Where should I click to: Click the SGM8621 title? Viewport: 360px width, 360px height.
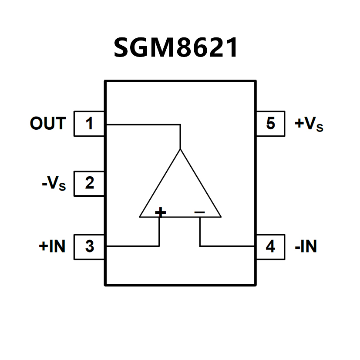pos(176,47)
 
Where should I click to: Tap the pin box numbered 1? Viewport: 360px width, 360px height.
pos(89,124)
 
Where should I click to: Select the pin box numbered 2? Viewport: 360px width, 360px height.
pos(89,183)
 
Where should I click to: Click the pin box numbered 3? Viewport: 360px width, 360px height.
pos(89,247)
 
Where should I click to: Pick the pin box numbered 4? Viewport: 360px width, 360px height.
pos(270,247)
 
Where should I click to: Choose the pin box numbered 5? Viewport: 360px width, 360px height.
pos(270,124)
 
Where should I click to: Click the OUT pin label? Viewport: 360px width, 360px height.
pos(48,124)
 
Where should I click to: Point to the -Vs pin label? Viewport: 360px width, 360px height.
pos(54,184)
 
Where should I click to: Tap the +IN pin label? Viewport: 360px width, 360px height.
pos(52,247)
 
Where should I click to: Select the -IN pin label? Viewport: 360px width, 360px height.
pos(306,247)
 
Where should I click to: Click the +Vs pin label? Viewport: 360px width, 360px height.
pos(309,124)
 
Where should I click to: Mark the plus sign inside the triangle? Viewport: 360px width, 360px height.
pos(161,212)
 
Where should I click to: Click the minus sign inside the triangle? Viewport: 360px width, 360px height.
pos(199,212)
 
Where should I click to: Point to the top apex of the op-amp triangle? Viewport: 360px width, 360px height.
pos(180,150)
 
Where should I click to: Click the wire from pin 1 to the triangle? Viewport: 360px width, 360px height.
pos(144,124)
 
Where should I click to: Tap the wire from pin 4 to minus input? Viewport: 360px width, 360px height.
pos(226,246)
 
